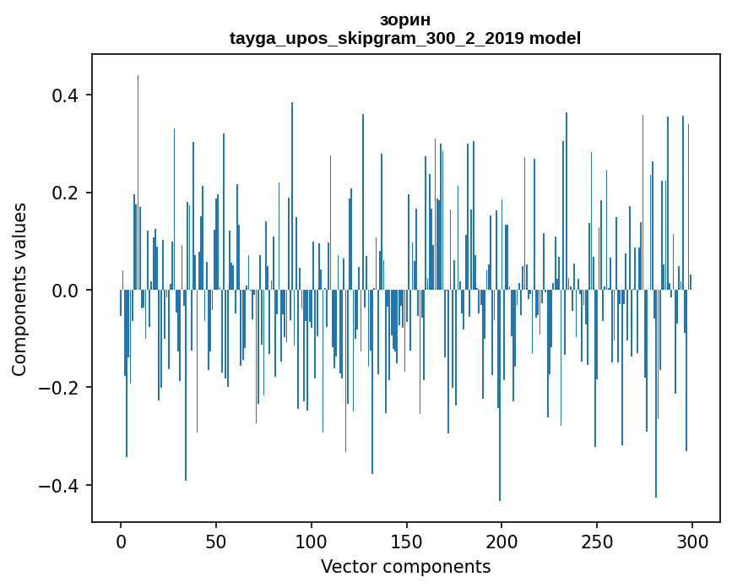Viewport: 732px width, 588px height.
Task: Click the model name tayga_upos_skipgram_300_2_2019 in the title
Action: [377, 38]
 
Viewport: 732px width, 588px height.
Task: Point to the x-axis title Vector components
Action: [405, 566]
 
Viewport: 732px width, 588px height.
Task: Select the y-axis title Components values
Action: [19, 289]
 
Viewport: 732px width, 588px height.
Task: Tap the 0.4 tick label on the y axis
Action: [65, 95]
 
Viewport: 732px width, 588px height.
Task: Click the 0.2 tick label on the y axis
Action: [65, 193]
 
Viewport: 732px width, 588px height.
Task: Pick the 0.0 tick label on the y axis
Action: [65, 290]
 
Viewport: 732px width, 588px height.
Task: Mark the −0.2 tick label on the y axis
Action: [60, 388]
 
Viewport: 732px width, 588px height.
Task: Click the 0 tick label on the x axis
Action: [121, 540]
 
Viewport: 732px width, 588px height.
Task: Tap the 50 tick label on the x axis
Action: [216, 540]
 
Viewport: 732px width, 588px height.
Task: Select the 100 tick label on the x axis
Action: [312, 540]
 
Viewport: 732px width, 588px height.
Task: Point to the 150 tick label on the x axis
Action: [406, 540]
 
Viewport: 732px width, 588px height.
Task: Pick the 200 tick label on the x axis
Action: [502, 540]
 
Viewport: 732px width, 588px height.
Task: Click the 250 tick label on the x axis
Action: [597, 540]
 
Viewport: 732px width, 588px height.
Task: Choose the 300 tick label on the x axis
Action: [692, 540]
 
